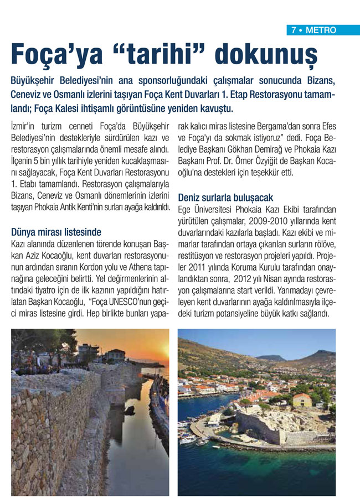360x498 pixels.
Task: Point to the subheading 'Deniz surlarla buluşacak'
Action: pyautogui.click(x=225, y=198)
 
